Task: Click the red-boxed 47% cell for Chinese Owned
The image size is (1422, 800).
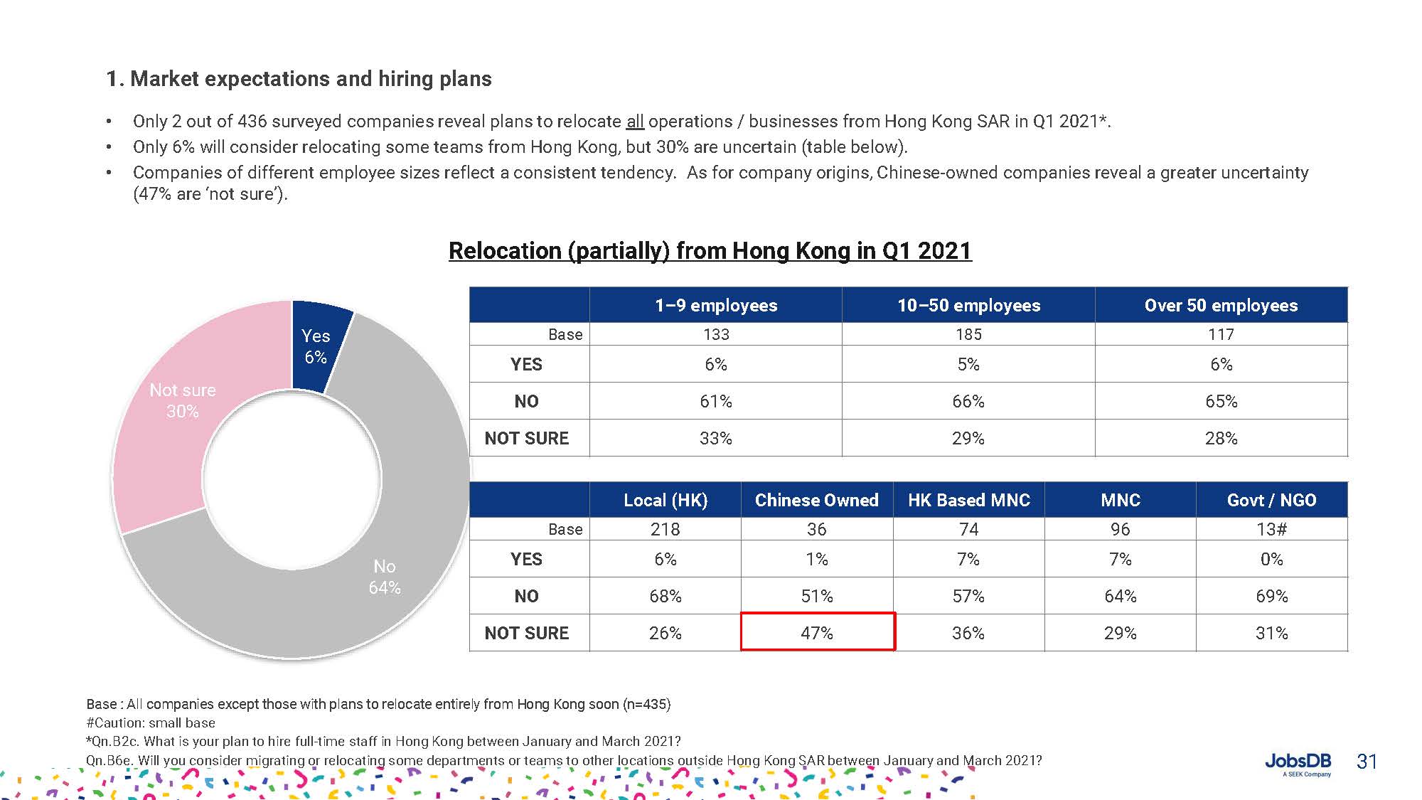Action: pos(817,632)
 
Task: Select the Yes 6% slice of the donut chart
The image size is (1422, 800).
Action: pos(317,346)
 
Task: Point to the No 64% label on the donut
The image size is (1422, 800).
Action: pos(385,577)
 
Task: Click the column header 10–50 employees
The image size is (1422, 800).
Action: pos(968,305)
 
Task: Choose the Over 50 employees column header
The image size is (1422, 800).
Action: pos(1221,305)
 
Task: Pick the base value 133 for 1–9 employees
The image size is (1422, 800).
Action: pos(716,334)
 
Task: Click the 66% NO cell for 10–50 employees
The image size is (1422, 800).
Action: pos(968,401)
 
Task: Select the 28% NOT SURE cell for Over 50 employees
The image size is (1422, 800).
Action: pos(1221,438)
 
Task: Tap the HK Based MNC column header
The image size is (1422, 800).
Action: pos(968,500)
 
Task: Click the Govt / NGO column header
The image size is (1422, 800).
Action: pos(1271,500)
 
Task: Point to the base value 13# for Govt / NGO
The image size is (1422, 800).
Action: pos(1271,529)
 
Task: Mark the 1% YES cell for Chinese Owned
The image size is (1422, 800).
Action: pos(817,559)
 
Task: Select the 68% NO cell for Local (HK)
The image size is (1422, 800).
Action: pos(665,596)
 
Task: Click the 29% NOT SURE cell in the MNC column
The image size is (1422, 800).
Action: pos(1120,632)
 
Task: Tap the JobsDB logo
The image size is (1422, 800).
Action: pos(1298,764)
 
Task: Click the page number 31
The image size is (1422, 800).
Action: pos(1367,762)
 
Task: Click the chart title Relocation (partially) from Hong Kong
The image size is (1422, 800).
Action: pos(710,250)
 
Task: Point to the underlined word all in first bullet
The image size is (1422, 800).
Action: pos(635,122)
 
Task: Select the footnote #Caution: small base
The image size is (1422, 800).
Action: pos(151,722)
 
